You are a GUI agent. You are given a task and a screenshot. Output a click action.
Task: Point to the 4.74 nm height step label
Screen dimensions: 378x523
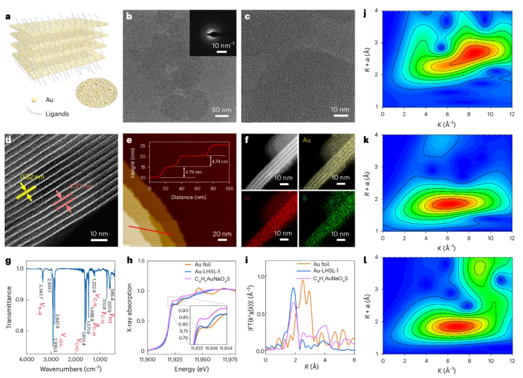(218, 161)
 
